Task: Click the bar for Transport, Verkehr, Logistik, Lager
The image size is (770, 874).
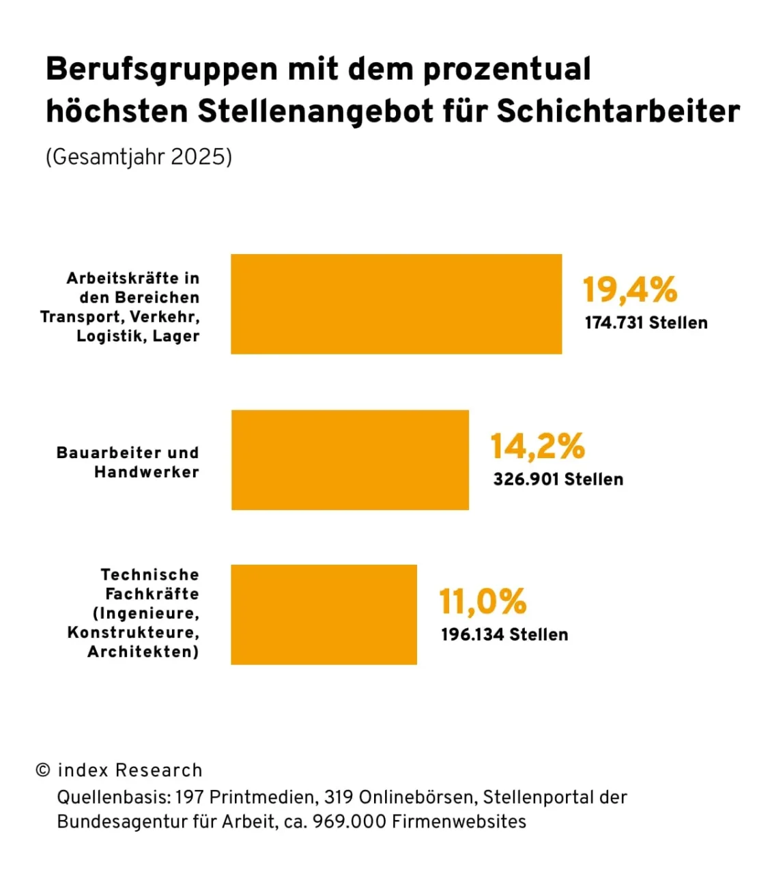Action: coord(396,304)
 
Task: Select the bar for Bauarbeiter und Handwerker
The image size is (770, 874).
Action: coord(350,460)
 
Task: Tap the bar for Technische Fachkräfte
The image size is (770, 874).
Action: coord(324,615)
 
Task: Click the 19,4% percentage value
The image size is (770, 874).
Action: coord(629,290)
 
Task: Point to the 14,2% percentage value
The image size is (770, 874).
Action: coord(537,446)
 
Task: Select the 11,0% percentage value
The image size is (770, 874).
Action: coord(483,602)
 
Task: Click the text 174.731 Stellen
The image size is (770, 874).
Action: coord(646,323)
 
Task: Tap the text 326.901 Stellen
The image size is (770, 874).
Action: coord(558,479)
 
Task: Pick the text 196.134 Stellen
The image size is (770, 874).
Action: coord(504,635)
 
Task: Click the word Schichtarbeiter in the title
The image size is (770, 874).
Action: coord(618,111)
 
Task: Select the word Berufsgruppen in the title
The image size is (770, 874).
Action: coord(162,70)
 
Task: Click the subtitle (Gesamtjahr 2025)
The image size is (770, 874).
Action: coord(139,157)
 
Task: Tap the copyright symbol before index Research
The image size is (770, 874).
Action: coord(43,770)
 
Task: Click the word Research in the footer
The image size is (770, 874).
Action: coord(158,770)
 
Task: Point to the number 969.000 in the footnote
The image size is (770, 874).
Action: coord(349,821)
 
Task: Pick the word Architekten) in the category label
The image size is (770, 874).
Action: coord(143,651)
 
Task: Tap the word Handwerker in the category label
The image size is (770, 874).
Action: coord(146,472)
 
